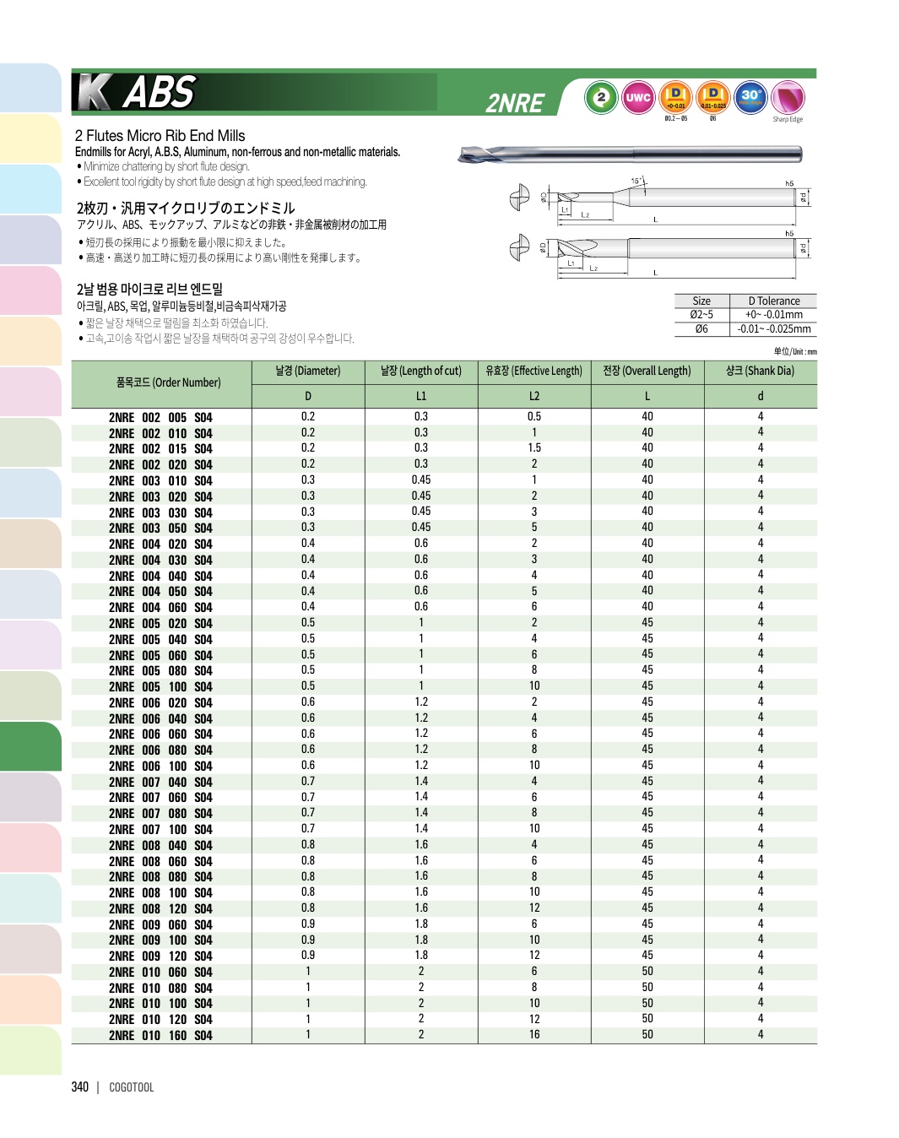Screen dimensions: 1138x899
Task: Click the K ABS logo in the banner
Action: tap(137, 92)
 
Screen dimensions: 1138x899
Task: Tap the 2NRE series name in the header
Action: tap(515, 103)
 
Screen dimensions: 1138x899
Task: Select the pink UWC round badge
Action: tap(638, 98)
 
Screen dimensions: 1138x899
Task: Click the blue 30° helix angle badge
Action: tap(750, 97)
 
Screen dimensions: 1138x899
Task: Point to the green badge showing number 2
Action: tap(601, 98)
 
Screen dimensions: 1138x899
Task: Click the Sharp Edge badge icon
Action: tap(788, 99)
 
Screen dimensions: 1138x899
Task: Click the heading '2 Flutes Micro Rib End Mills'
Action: tap(160, 136)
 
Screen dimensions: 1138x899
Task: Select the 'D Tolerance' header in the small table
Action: tap(773, 301)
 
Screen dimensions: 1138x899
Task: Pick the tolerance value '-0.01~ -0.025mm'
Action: tap(773, 329)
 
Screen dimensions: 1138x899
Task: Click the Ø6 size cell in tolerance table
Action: tap(701, 329)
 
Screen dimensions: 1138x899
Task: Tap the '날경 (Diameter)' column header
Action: tap(308, 371)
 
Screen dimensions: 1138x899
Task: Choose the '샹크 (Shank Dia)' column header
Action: tap(760, 371)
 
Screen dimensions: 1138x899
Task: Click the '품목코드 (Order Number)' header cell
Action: tap(168, 382)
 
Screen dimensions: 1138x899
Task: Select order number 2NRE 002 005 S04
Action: tap(160, 417)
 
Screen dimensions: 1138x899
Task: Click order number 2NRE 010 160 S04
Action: tap(160, 1036)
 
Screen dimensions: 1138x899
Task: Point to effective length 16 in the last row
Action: tap(534, 1035)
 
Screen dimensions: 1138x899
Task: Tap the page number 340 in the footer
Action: tap(80, 1087)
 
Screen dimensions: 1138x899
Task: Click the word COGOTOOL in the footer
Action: tap(132, 1087)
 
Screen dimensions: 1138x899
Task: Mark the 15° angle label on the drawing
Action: tap(637, 181)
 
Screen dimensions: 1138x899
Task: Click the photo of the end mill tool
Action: tap(629, 154)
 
